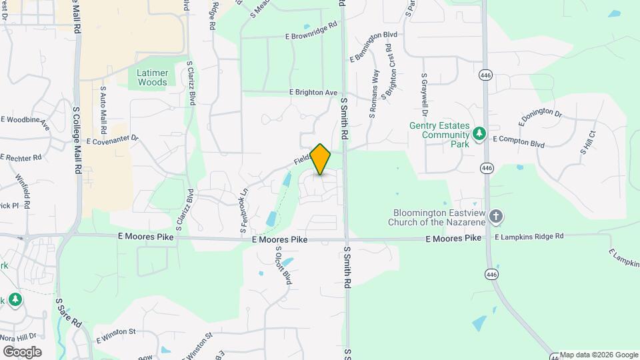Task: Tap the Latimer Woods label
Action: pos(153,77)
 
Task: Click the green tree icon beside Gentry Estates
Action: pos(479,135)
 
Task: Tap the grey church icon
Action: pos(495,216)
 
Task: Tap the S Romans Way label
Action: pos(375,94)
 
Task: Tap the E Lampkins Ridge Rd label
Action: pos(529,237)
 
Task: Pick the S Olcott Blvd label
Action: pos(284,265)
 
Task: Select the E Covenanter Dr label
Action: pos(112,141)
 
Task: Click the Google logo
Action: pos(21,351)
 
